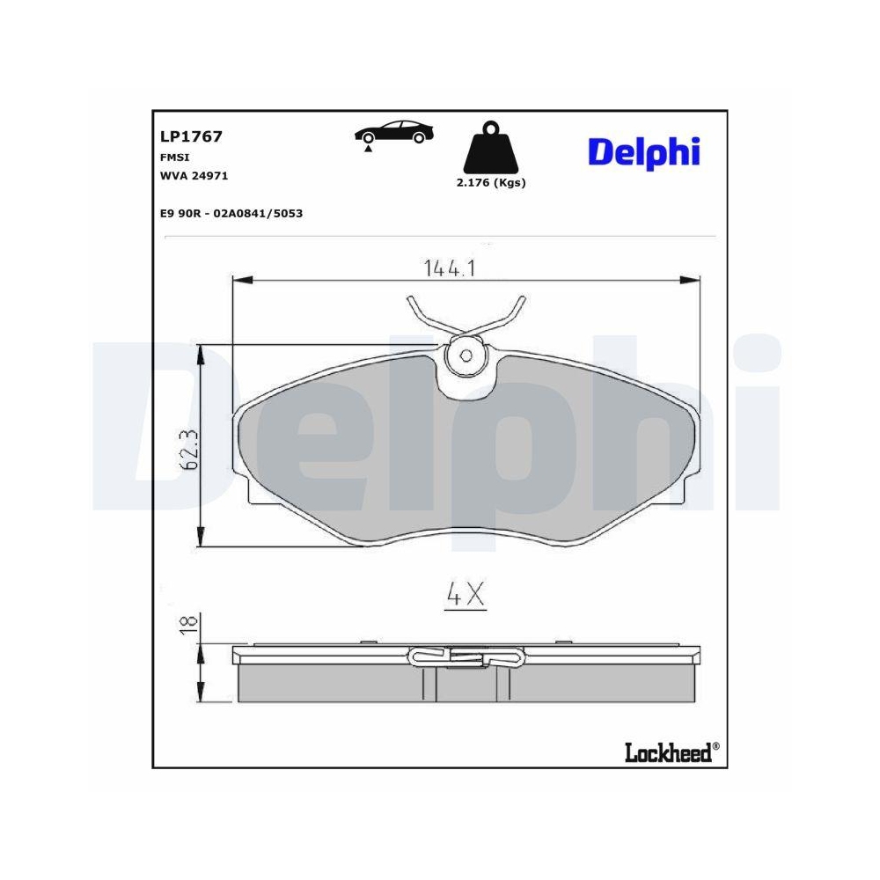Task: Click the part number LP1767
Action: point(190,136)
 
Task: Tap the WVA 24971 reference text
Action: point(194,175)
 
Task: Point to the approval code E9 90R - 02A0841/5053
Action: point(231,213)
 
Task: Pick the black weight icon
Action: point(490,150)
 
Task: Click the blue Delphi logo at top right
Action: point(643,151)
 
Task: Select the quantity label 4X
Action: point(466,596)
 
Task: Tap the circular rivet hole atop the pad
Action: point(466,356)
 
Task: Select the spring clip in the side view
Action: point(466,656)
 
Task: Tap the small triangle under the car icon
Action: point(368,150)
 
